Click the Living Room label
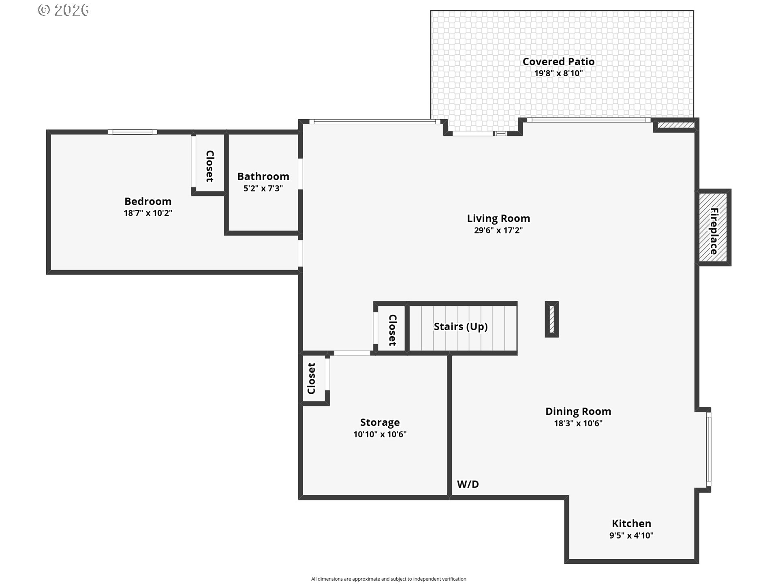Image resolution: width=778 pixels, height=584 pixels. [x=498, y=219]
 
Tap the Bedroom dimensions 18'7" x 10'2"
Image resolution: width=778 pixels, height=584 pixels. [x=148, y=213]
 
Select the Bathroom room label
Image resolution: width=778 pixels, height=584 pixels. [x=263, y=176]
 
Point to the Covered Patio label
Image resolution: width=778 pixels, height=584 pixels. [x=558, y=62]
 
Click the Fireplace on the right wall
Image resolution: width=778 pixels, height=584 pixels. [x=714, y=228]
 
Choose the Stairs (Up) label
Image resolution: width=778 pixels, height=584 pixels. [x=461, y=327]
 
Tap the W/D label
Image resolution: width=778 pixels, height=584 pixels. [x=468, y=484]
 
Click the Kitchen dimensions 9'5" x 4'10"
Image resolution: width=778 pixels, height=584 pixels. [x=631, y=535]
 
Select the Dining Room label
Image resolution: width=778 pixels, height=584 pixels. [x=578, y=412]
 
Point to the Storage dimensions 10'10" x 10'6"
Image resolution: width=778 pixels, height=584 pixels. [x=380, y=434]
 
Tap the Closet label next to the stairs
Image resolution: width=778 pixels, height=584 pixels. [x=393, y=330]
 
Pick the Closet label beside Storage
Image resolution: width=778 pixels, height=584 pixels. [x=311, y=378]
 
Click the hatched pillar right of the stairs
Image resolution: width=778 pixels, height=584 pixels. [x=551, y=319]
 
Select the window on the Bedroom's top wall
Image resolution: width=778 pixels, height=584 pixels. [x=133, y=132]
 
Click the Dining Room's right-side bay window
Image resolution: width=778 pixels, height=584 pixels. [x=708, y=449]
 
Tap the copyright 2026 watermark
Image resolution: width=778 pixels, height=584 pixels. [x=64, y=10]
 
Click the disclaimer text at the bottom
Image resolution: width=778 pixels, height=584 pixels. [x=389, y=579]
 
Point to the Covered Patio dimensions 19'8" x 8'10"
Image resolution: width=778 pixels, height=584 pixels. [x=558, y=73]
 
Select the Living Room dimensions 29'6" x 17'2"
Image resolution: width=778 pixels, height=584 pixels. [x=498, y=230]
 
